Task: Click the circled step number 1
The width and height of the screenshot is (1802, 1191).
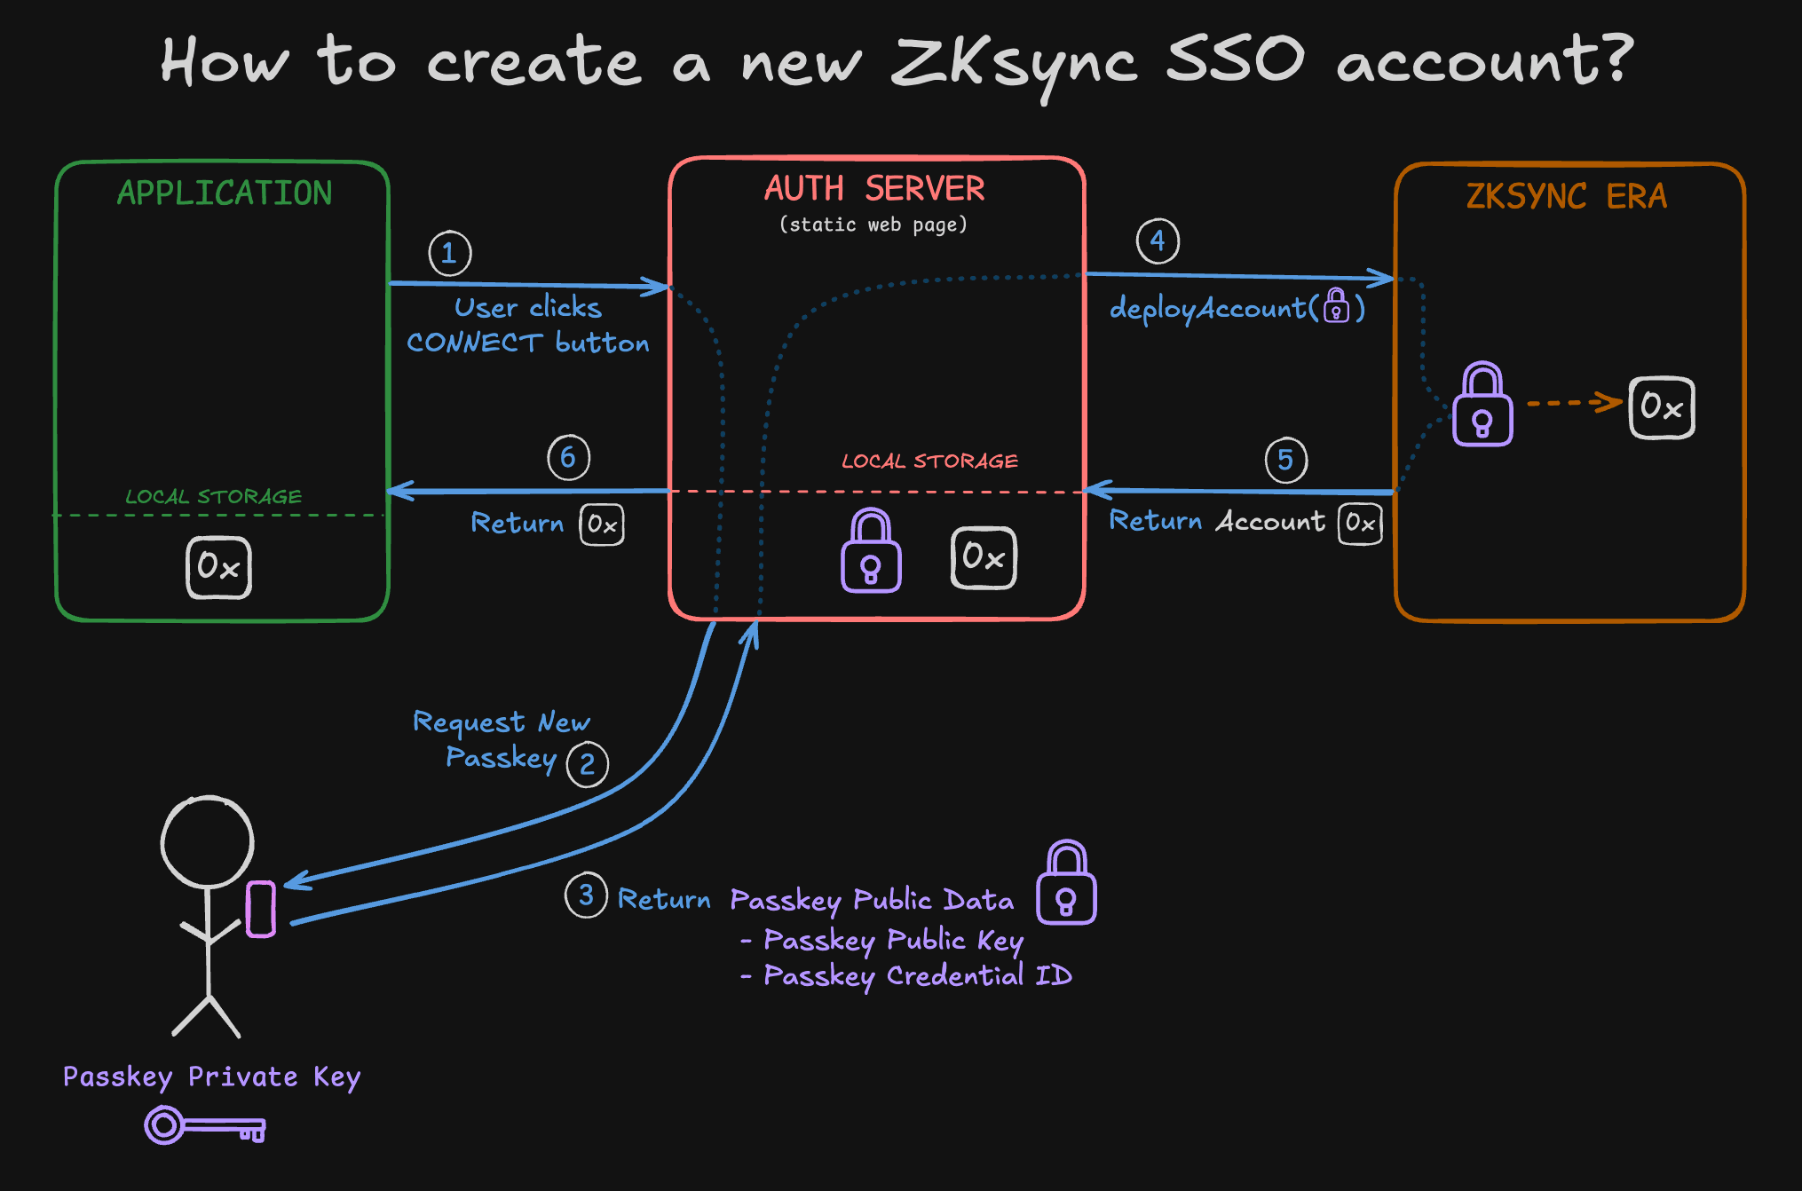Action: coord(449,254)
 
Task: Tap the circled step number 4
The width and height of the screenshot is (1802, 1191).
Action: coord(1158,241)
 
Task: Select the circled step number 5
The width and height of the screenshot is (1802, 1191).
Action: coord(1285,460)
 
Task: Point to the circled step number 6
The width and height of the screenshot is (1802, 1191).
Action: coord(568,458)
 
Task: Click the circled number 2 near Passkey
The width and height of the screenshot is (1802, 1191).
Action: coord(587,764)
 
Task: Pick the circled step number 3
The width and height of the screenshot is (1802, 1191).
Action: coord(586,895)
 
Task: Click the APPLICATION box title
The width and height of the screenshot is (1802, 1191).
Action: coord(225,193)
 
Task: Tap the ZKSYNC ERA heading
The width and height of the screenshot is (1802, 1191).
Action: coord(1566,196)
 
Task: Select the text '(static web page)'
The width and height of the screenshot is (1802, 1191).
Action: coord(873,225)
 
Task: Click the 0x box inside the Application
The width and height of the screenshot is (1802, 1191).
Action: coord(218,567)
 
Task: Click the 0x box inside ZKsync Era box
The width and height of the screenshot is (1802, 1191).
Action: coord(1661,407)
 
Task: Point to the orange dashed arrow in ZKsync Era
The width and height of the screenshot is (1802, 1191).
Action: coord(1573,403)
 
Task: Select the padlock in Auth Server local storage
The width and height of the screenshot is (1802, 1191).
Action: coord(871,551)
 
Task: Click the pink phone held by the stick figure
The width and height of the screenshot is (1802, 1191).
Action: coord(260,909)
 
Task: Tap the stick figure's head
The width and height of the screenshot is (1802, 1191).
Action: coord(207,841)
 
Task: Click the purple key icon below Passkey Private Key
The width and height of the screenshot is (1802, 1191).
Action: coord(204,1126)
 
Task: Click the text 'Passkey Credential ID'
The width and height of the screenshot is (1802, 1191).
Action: coord(917,976)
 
